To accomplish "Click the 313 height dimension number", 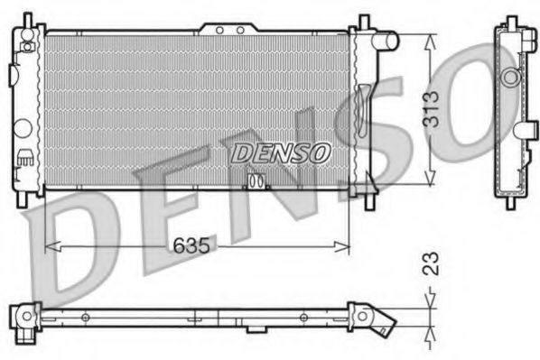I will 433,108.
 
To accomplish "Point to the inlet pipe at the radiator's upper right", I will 386,41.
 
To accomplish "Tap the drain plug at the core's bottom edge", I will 256,181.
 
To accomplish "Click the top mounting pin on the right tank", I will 364,22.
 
